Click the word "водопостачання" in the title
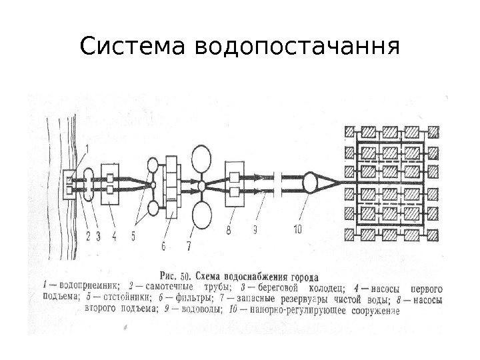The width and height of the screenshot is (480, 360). point(297,48)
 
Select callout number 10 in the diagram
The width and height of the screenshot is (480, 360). point(297,229)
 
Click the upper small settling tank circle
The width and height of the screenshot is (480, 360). point(153,163)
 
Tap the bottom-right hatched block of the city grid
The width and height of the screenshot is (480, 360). point(433,235)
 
